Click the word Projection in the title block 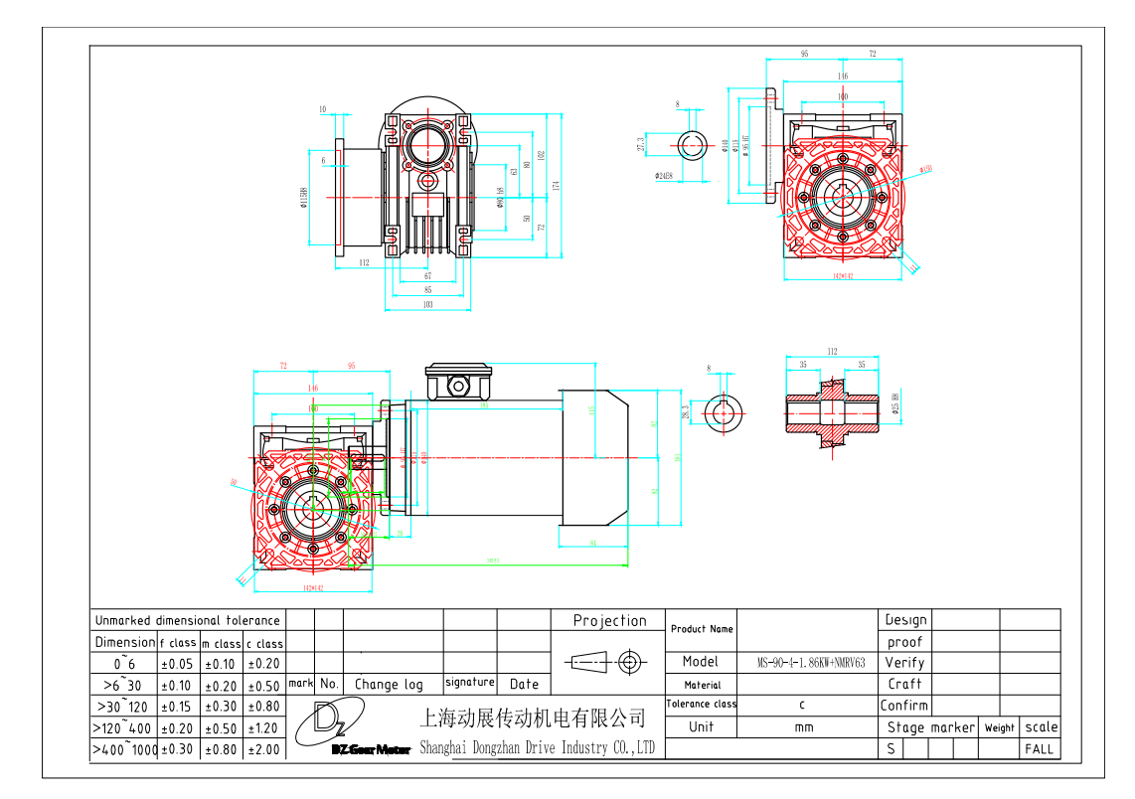609,621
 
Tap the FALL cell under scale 1040,749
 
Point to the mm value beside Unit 804,727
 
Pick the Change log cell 389,685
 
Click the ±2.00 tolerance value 264,750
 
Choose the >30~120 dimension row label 122,707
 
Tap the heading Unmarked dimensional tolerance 188,621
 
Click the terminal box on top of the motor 458,383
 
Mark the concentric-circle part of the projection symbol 628,662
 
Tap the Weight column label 1000,728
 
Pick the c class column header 264,644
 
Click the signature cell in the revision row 470,683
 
